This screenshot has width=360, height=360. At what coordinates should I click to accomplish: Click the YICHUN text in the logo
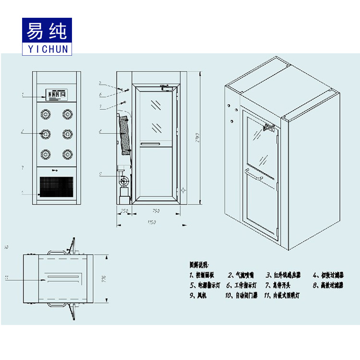[47, 48]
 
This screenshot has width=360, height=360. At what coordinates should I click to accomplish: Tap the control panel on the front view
[57, 95]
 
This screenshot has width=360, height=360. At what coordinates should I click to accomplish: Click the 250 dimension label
[124, 211]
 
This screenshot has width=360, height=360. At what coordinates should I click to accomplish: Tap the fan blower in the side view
[124, 181]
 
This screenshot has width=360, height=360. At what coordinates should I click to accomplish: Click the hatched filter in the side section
[124, 132]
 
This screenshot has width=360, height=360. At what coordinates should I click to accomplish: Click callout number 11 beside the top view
[7, 277]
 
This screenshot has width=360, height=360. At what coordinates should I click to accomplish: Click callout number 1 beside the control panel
[23, 96]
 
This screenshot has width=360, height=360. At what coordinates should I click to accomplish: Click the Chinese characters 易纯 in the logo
[47, 30]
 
